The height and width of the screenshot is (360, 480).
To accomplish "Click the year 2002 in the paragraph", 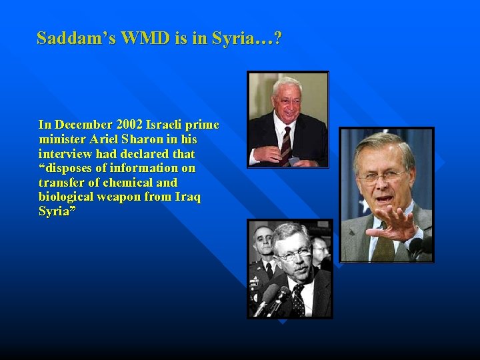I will (133, 125).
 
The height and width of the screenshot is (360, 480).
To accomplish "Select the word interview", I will (64, 154).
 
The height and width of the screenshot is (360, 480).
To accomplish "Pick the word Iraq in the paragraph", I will (187, 197).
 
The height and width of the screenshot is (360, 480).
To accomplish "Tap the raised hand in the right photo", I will (394, 223).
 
